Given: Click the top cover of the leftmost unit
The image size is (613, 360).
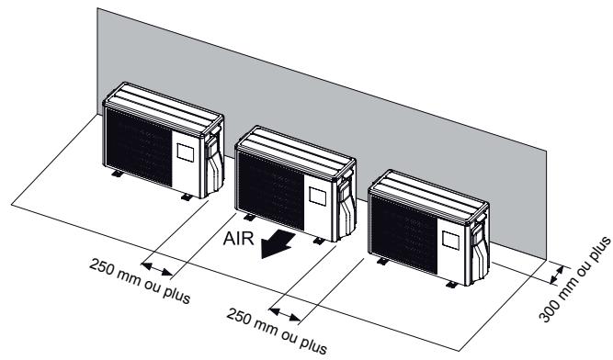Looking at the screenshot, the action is (165, 102).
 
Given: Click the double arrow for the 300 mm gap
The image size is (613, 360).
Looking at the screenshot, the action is (557, 274).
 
